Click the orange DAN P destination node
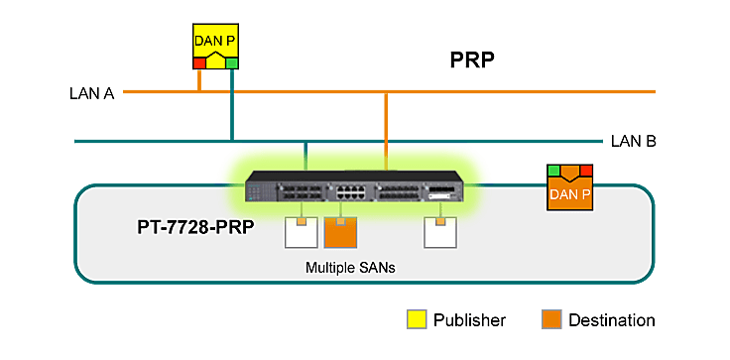pyautogui.click(x=570, y=188)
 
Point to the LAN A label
pyautogui.click(x=92, y=94)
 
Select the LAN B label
pyautogui.click(x=634, y=142)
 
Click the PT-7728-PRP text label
pyautogui.click(x=195, y=226)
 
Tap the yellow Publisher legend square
pyautogui.click(x=418, y=319)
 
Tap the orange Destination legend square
pyautogui.click(x=550, y=319)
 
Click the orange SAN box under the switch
pyautogui.click(x=339, y=232)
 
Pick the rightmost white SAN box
pyautogui.click(x=439, y=232)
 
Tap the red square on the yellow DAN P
pyautogui.click(x=198, y=63)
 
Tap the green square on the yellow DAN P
pyautogui.click(x=232, y=63)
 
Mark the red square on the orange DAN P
pyautogui.click(x=586, y=171)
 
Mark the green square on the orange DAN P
pyautogui.click(x=554, y=171)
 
